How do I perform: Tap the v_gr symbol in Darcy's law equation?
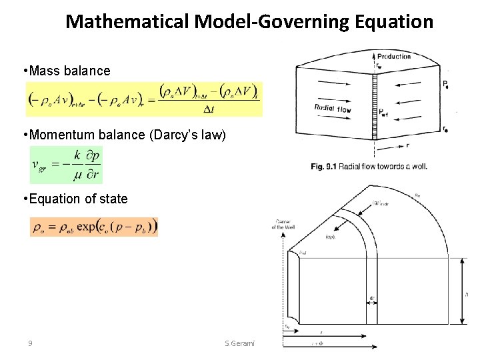tap(41, 165)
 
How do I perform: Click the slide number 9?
tap(30, 343)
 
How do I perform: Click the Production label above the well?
tap(394, 57)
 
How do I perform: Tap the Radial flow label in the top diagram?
tap(333, 108)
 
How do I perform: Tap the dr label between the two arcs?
tap(371, 298)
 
